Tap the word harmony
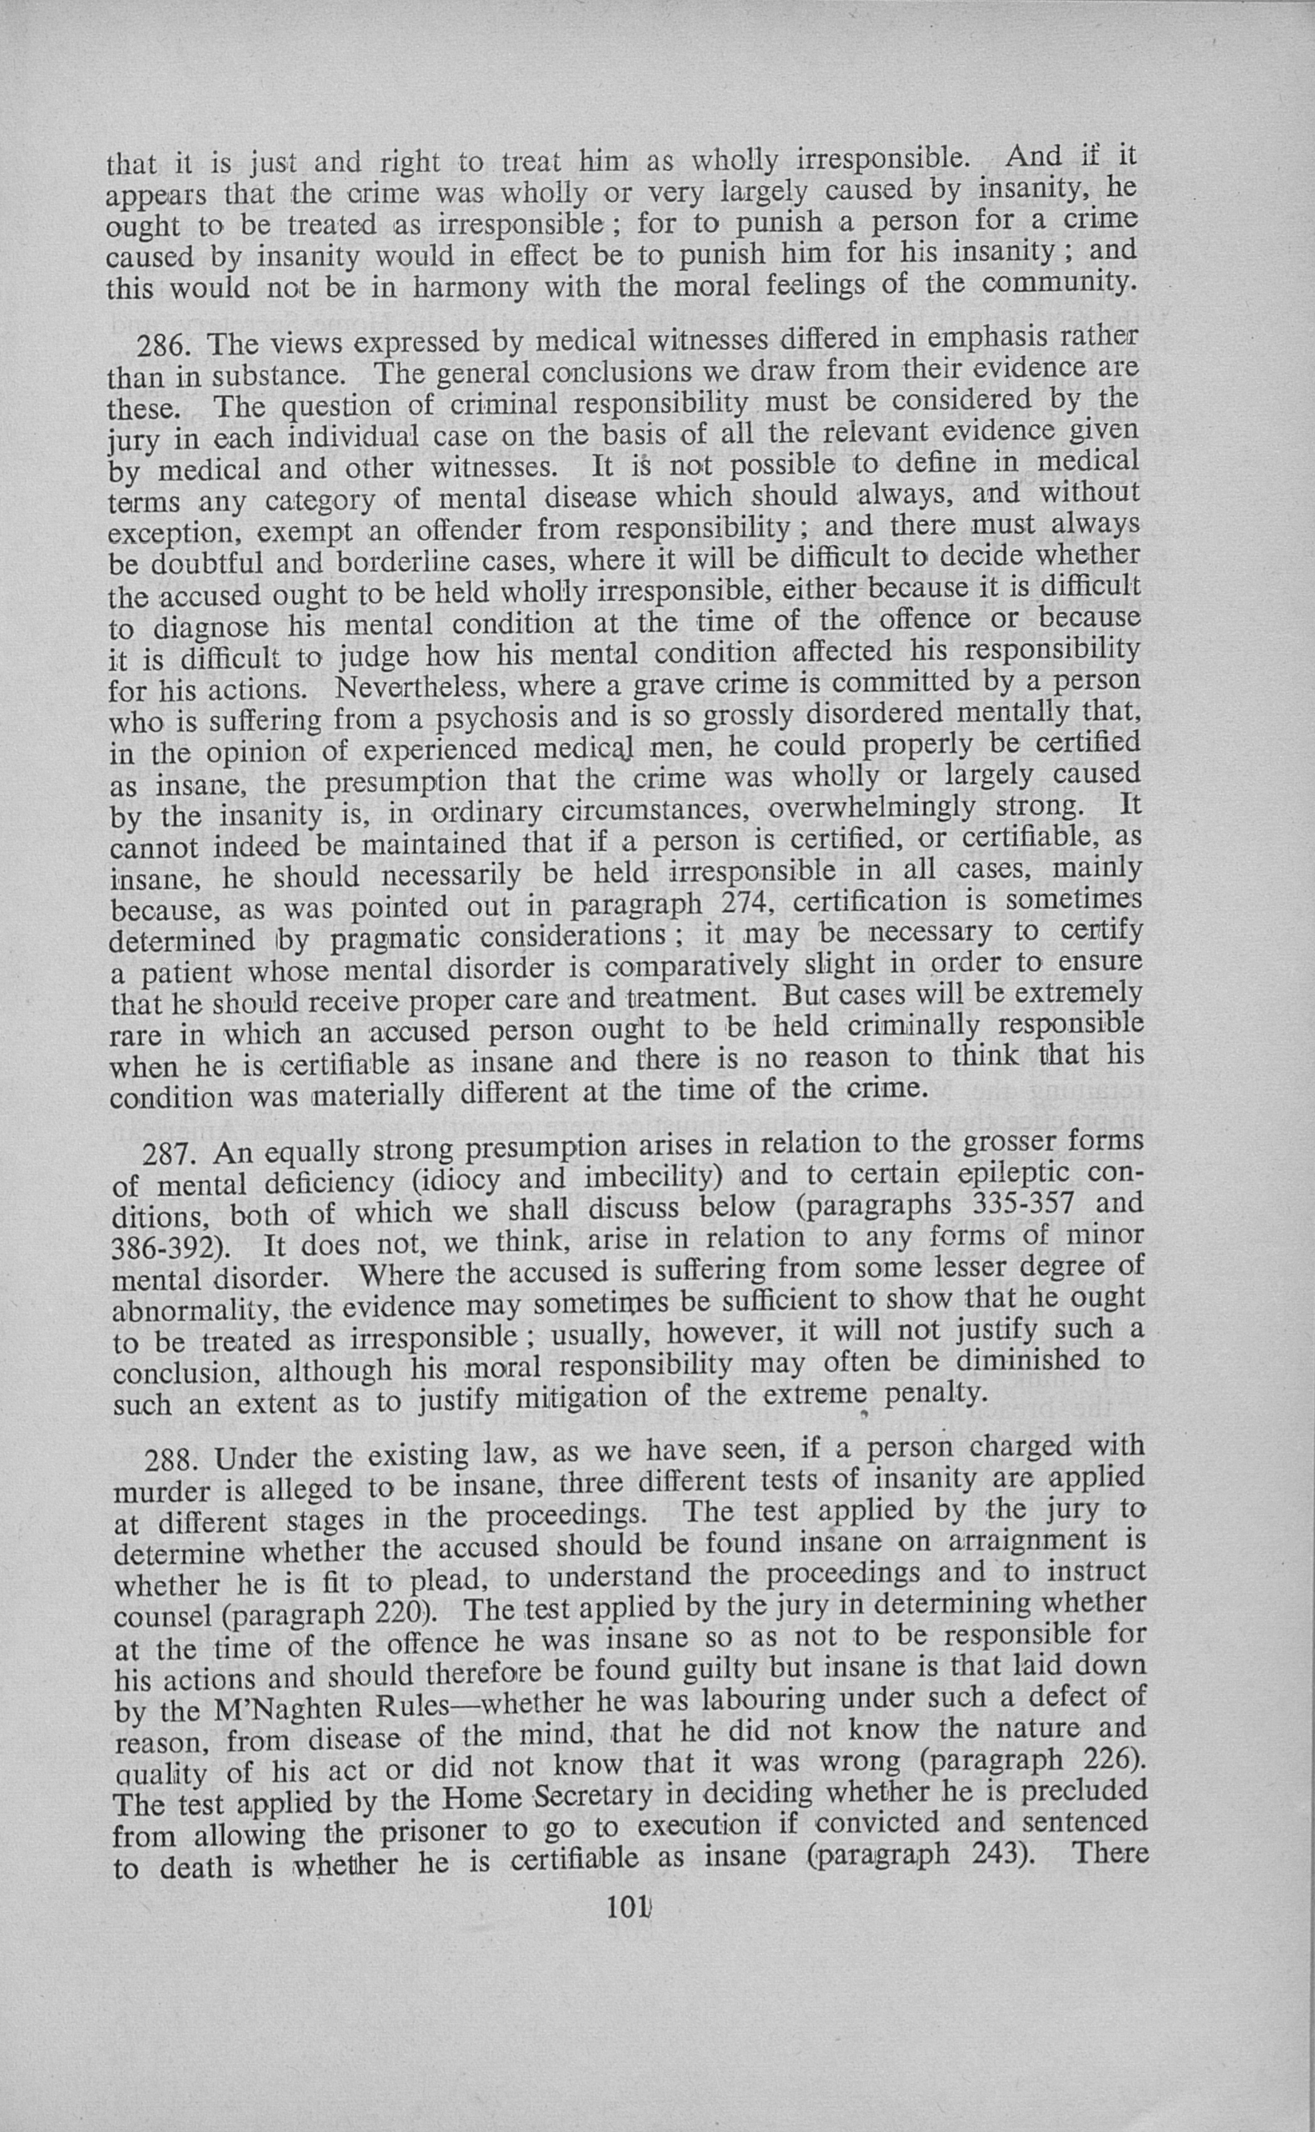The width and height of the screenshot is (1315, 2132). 470,288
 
